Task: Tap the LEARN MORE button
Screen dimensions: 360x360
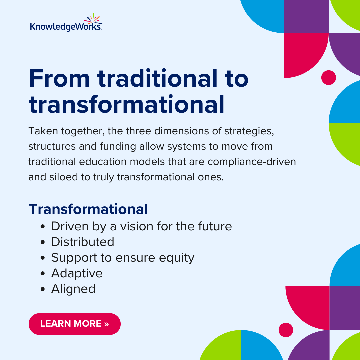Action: (74, 324)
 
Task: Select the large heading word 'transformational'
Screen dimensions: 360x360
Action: (126, 104)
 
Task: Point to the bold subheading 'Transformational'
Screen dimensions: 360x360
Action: (88, 209)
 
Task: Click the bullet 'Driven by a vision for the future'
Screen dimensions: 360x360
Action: (141, 226)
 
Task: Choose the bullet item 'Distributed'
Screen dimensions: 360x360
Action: (83, 242)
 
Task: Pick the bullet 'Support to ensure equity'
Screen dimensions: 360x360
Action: (123, 258)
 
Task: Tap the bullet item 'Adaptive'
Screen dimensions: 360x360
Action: (77, 273)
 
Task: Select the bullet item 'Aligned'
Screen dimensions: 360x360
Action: (73, 289)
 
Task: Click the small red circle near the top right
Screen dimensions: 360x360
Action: (328, 78)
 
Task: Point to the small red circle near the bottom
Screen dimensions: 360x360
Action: (286, 330)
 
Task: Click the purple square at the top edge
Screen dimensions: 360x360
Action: (306, 16)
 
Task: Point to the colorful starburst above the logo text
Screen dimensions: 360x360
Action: (93, 18)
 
